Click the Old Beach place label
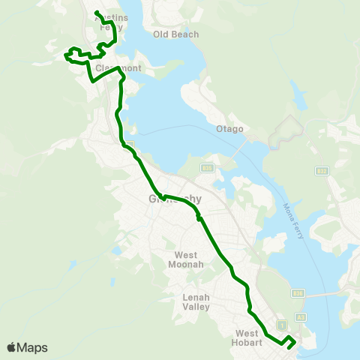click(x=175, y=34)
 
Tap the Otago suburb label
click(x=231, y=129)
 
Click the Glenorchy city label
click(x=171, y=199)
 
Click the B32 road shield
click(x=322, y=171)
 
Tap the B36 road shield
click(x=298, y=293)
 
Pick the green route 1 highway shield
click(x=282, y=324)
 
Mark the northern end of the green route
click(x=96, y=12)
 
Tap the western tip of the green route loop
click(x=66, y=55)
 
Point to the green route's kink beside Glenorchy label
click(x=162, y=197)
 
